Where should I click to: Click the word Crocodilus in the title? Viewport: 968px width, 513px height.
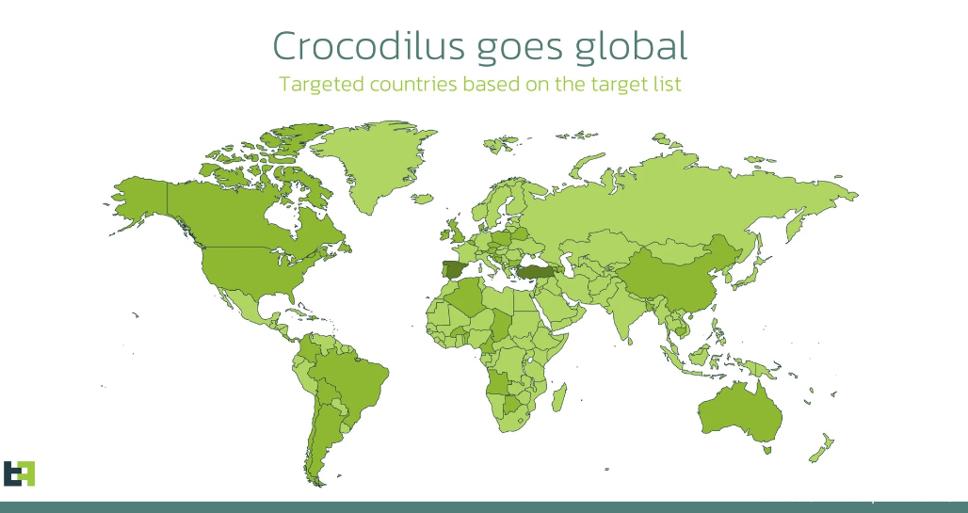click(368, 46)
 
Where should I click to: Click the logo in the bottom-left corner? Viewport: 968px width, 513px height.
click(19, 473)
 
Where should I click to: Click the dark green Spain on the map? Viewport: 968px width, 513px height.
click(455, 270)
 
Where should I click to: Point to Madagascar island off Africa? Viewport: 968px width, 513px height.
click(559, 397)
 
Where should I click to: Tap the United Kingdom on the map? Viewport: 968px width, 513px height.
click(456, 231)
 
